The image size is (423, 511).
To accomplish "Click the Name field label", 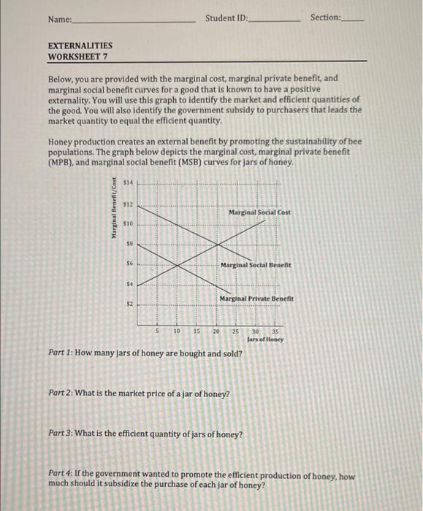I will coord(61,18).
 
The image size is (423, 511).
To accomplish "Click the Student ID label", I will coord(226,17).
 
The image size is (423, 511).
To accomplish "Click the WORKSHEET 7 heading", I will coord(77,56).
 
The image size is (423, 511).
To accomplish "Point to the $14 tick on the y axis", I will coord(129,182).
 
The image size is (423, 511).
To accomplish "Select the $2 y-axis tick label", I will coord(130,303).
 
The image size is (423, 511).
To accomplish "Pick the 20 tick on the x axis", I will coord(216,331).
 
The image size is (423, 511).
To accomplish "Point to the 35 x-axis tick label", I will coord(274,331).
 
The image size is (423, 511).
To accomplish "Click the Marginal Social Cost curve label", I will coord(259,212).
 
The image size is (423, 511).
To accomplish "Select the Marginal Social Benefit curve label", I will coord(256,265).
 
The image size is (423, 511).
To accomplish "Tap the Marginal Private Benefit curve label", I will coord(256,299).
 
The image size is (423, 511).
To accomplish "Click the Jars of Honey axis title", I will coord(265,339).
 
